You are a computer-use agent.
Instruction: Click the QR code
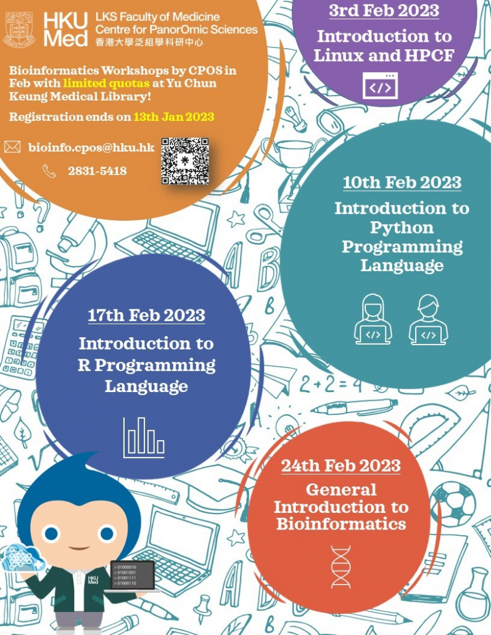click(185, 162)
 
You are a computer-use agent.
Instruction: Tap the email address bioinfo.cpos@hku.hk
click(91, 147)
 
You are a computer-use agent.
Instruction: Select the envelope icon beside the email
click(12, 147)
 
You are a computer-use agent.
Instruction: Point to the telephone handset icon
click(49, 171)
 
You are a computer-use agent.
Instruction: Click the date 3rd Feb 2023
click(384, 10)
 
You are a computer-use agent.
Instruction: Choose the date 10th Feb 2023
click(402, 182)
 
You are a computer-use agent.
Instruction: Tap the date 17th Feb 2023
click(146, 316)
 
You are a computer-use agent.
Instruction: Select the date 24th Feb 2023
click(341, 465)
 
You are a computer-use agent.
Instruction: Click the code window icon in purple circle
click(380, 86)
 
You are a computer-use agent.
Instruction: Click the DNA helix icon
click(340, 566)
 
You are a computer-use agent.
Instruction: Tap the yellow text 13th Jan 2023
click(173, 117)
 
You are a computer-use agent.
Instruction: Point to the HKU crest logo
click(19, 29)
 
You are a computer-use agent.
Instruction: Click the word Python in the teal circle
click(402, 227)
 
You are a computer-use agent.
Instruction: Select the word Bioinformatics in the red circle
click(341, 524)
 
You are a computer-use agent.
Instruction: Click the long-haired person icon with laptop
click(373, 319)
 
